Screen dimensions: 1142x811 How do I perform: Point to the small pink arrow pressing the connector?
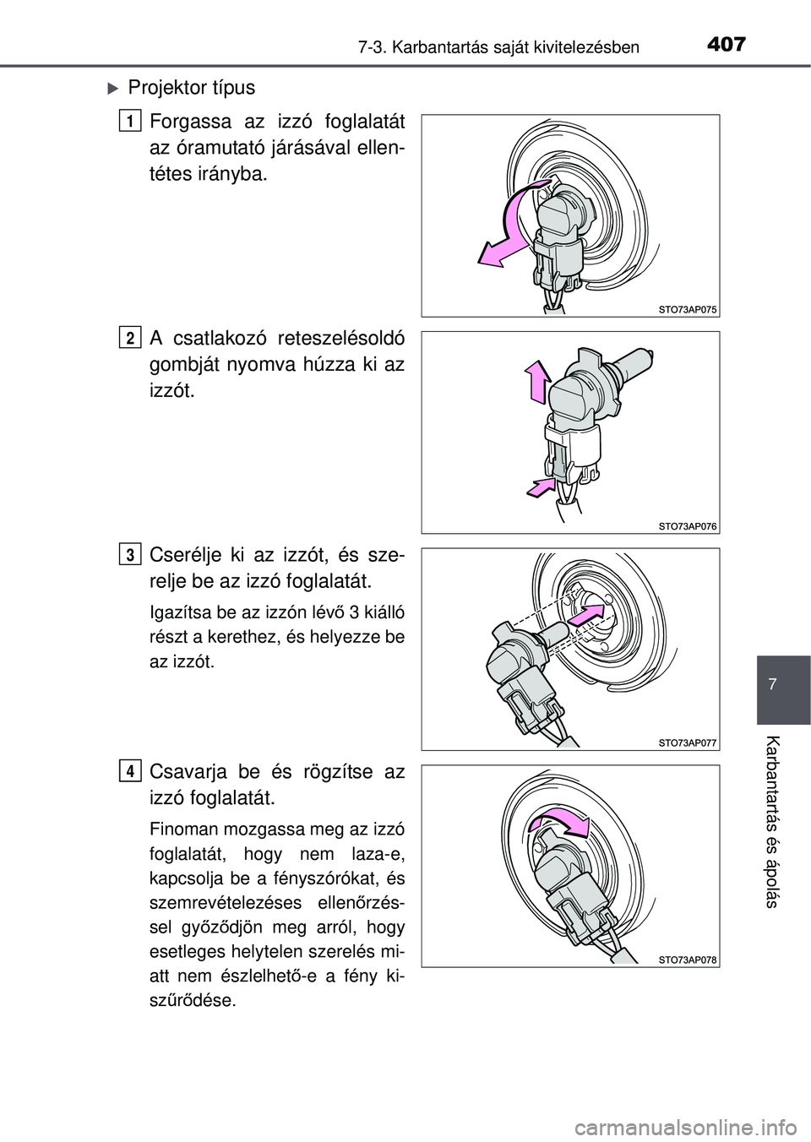pos(541,487)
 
